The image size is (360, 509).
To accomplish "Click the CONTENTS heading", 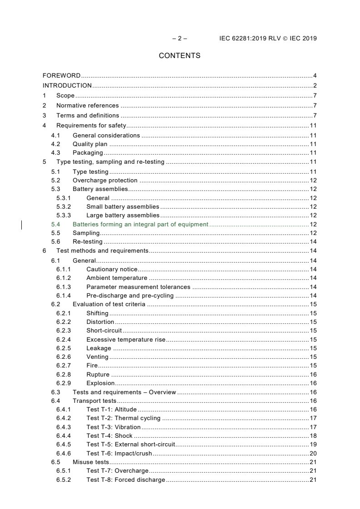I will (x=179, y=56).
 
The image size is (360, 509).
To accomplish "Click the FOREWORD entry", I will (x=61, y=75).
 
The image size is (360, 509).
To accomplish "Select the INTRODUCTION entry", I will (x=67, y=85).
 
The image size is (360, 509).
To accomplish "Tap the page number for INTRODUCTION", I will (x=315, y=85).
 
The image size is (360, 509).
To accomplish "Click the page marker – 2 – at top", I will (x=179, y=38).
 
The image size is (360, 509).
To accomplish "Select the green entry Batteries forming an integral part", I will (x=140, y=224).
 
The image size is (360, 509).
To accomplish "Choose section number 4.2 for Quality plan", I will (x=55, y=144).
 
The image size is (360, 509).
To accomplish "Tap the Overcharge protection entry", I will (x=105, y=181).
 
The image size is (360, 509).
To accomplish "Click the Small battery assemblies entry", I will (x=123, y=207).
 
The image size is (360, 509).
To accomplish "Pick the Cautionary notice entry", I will (x=112, y=269).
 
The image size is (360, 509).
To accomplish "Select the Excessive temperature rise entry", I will (x=126, y=339).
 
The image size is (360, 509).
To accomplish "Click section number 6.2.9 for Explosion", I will (x=64, y=383).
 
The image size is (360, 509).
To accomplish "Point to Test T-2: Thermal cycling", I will (x=123, y=418).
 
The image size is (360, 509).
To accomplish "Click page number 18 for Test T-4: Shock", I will (x=313, y=436).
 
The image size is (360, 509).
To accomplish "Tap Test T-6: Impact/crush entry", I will (x=119, y=453).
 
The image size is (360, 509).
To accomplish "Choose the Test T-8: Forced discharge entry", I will (x=126, y=480).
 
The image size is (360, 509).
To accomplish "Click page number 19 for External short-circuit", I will (x=313, y=445).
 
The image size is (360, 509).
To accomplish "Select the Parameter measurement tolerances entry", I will (x=138, y=287).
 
